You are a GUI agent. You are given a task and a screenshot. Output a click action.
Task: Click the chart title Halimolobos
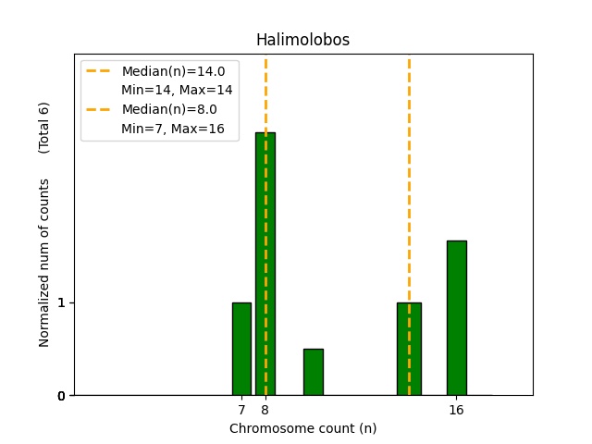302,40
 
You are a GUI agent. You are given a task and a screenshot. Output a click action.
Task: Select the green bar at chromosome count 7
241,349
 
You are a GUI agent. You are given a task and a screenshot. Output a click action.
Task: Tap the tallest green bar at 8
265,264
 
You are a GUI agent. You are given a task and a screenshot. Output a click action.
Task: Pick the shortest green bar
314,372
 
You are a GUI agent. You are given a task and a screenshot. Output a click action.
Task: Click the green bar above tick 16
456,317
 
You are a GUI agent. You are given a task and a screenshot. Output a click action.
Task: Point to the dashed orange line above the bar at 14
409,176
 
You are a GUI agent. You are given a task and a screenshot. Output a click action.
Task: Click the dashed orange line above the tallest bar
265,92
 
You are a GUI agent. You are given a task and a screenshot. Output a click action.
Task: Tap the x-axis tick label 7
241,410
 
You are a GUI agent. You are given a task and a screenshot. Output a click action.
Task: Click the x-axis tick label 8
265,410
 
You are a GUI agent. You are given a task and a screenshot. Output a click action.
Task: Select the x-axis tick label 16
456,410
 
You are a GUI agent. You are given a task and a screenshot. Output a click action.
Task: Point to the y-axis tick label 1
61,302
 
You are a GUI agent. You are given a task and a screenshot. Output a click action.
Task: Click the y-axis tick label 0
61,396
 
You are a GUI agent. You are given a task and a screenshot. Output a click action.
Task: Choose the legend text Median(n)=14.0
173,71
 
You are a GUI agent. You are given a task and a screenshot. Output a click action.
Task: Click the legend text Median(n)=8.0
169,109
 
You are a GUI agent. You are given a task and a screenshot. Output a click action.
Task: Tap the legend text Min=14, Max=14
177,90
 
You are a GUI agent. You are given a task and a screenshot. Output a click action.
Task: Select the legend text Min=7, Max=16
173,129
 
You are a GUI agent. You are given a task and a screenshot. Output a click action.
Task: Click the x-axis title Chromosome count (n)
302,428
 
